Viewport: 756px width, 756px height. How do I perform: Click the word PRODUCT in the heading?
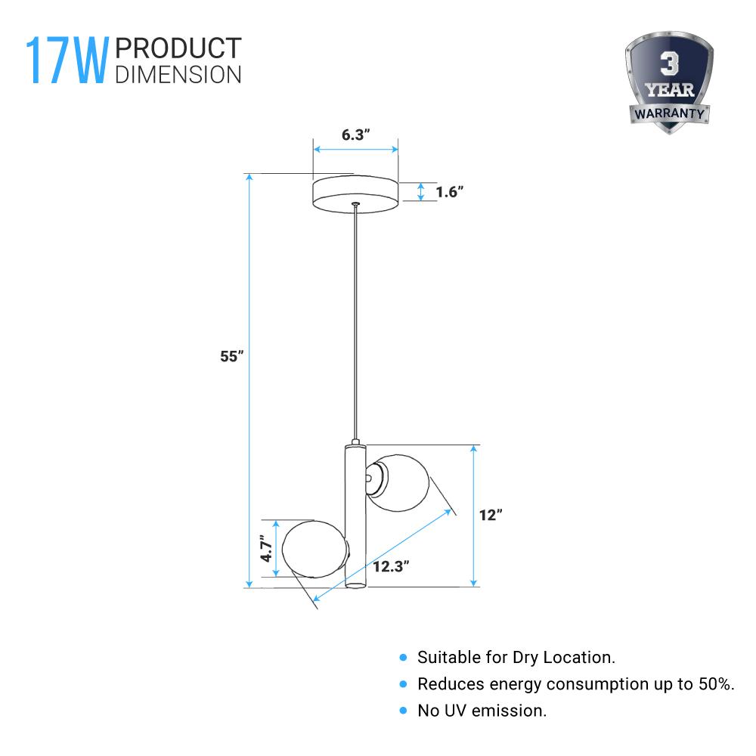178,48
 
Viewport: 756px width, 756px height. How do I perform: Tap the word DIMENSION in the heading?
178,74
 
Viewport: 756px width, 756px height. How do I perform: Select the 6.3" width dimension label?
355,135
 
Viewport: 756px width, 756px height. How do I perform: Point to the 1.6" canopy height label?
449,192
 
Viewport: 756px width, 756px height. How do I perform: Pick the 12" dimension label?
491,515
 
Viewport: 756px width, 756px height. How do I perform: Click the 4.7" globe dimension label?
265,549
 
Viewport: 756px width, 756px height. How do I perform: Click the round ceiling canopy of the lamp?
356,194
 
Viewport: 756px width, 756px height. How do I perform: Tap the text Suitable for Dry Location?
516,658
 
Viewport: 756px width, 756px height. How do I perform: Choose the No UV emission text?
482,711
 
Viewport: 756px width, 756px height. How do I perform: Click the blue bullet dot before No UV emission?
403,711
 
